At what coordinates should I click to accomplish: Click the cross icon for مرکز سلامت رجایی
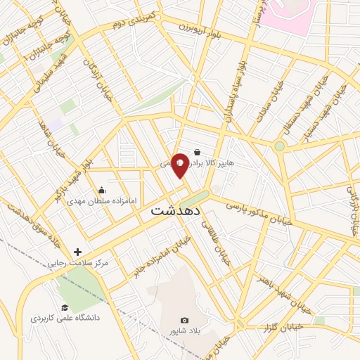(x=77, y=252)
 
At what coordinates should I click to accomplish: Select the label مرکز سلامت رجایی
(x=77, y=263)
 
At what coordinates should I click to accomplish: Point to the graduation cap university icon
(x=65, y=308)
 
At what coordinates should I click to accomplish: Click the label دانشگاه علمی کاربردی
(x=65, y=319)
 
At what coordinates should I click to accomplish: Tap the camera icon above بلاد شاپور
(x=185, y=320)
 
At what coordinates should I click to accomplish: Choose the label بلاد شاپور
(x=185, y=330)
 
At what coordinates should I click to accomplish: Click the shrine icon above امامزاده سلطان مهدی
(x=101, y=190)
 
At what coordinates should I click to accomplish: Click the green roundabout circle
(x=280, y=146)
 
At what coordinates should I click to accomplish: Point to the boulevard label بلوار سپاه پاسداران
(x=236, y=91)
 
